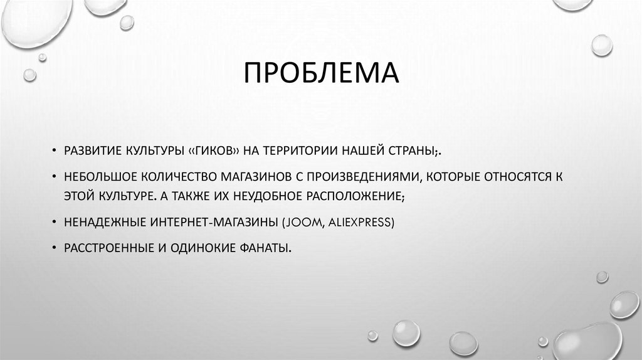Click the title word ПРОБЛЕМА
point(320,72)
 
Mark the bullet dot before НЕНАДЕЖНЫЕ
point(55,222)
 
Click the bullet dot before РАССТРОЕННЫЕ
point(55,248)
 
